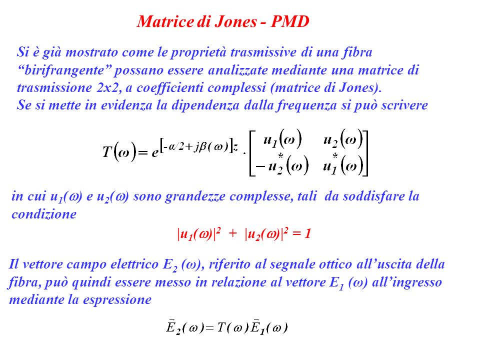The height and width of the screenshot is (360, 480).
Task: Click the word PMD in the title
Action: tap(290, 21)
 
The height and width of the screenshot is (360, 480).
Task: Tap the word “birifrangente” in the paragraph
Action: tap(65, 70)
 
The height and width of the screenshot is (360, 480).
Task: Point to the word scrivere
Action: tap(404, 105)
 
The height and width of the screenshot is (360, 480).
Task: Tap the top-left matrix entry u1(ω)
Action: tap(282, 139)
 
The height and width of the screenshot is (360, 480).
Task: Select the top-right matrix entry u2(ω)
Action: tap(343, 139)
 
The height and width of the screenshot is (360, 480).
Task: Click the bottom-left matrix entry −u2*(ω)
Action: tap(281, 165)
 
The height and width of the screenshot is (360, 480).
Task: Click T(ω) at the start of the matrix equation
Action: tap(119, 151)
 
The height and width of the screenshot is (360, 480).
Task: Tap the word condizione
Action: tap(44, 214)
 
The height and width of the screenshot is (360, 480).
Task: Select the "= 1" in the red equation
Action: tap(302, 234)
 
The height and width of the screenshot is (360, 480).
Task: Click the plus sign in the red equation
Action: tap(232, 233)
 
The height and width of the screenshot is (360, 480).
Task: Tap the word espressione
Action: tap(117, 300)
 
